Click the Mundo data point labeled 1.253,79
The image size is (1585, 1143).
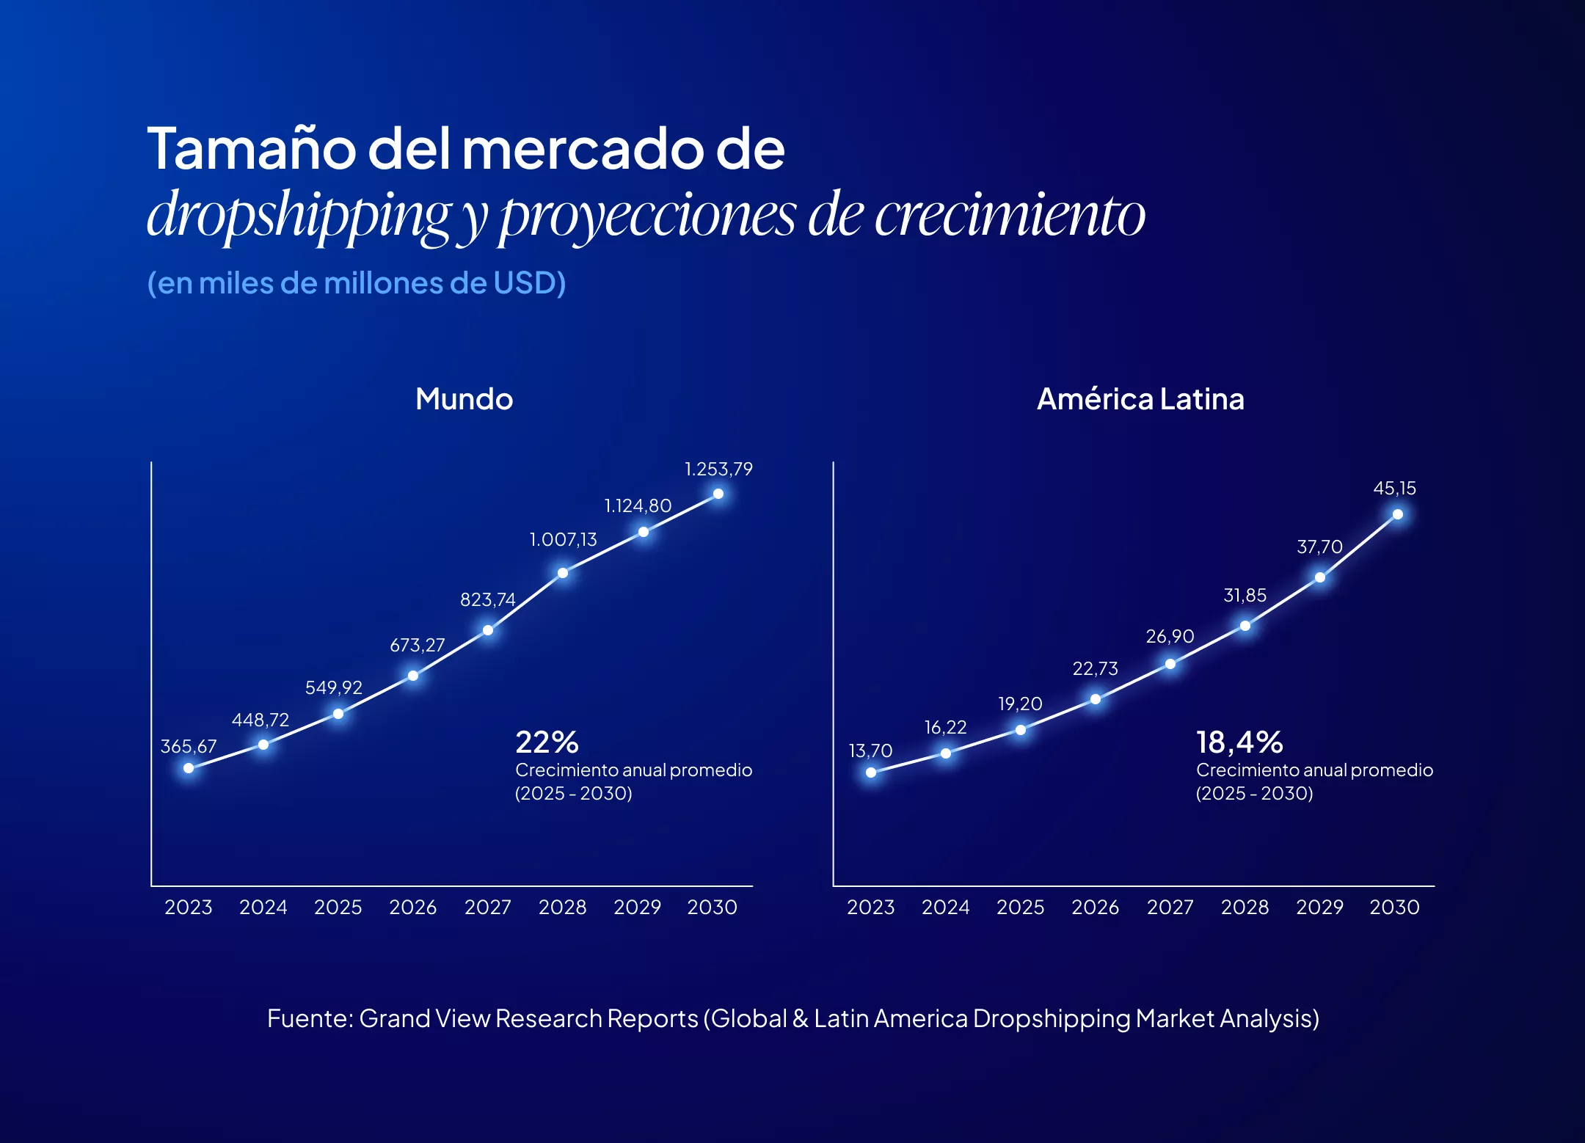tap(718, 494)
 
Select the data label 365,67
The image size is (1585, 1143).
tap(189, 746)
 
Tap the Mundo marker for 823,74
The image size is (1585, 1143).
tap(488, 630)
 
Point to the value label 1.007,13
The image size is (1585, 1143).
tap(563, 540)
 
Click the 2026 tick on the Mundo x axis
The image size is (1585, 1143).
tap(412, 908)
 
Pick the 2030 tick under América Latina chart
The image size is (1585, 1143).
tap(1394, 908)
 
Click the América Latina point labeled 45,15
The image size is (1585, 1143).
tap(1398, 514)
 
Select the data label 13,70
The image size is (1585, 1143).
tap(870, 751)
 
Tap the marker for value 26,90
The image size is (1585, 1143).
tap(1170, 664)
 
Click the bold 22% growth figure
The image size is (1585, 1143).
tap(547, 742)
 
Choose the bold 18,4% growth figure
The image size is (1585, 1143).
tap(1239, 742)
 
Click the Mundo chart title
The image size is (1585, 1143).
tap(464, 399)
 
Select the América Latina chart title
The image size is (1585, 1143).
tap(1140, 399)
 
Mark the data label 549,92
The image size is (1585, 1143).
tap(334, 687)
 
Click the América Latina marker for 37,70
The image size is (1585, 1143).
tap(1320, 577)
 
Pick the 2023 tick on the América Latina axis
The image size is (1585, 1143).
tap(870, 908)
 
